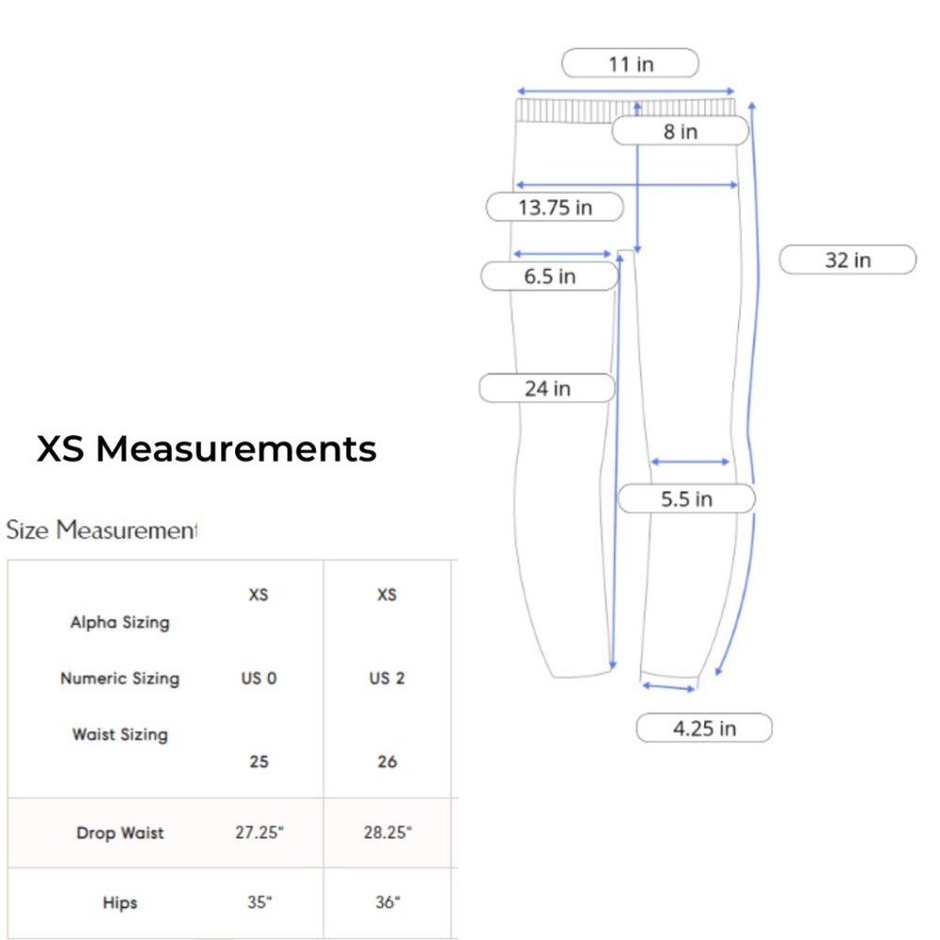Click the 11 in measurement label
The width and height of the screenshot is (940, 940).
[630, 63]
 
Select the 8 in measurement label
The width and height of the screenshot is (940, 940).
[681, 131]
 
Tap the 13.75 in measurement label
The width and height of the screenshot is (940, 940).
[555, 207]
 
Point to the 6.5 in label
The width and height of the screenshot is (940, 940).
[549, 275]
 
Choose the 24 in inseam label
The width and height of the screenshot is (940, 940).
[547, 388]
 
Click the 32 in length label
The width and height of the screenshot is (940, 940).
[848, 259]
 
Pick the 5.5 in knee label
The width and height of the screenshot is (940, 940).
[686, 498]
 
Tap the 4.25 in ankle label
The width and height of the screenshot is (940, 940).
[704, 728]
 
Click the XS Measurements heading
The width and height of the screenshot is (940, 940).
[206, 447]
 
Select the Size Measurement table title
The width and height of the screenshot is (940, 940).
[102, 530]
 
